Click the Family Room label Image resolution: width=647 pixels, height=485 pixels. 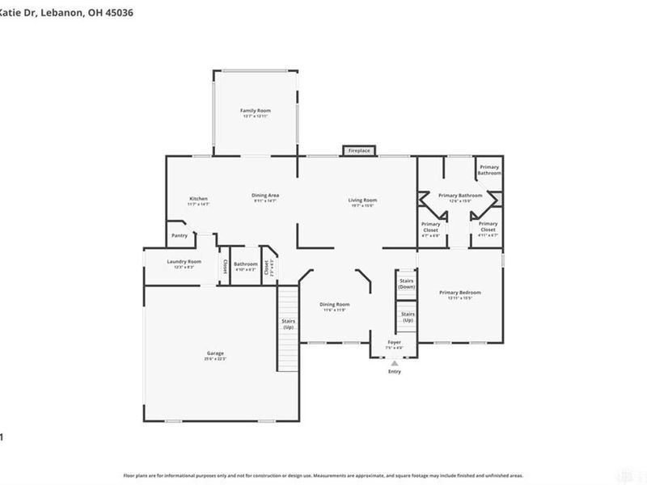[x=255, y=110]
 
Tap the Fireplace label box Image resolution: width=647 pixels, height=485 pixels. [x=359, y=150]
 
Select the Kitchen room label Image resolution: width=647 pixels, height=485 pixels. [x=199, y=199]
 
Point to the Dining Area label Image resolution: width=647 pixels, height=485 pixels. [x=265, y=195]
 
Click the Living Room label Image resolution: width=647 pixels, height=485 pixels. [x=362, y=200]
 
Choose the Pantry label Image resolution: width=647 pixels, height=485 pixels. [x=180, y=235]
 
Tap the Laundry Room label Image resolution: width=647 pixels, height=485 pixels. [x=184, y=262]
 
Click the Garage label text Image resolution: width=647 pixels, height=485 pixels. [x=215, y=353]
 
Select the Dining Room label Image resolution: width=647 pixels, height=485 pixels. [x=336, y=304]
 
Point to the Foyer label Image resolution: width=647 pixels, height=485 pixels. [x=394, y=343]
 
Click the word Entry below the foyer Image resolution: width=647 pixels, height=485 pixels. [x=394, y=372]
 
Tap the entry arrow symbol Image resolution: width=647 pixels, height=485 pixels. [x=394, y=363]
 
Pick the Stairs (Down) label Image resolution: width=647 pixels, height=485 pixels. [x=407, y=284]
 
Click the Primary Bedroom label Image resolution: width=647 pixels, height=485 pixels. [x=460, y=292]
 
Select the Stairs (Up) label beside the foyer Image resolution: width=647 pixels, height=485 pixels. [x=408, y=316]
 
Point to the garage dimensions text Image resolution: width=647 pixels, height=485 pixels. [x=215, y=359]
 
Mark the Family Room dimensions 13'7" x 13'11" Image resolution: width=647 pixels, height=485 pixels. [x=255, y=116]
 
